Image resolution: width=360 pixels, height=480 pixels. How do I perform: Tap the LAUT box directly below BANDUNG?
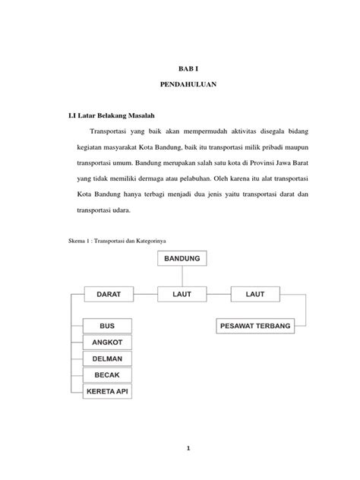click(182, 292)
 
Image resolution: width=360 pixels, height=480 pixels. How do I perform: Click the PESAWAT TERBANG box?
click(255, 327)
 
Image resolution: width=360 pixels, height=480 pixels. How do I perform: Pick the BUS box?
click(107, 326)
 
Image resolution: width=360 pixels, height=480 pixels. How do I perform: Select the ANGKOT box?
click(107, 343)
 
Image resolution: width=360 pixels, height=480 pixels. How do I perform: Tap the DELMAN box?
click(107, 358)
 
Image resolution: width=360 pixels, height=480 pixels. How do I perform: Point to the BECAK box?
click(107, 374)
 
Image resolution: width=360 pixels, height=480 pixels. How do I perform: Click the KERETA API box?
click(107, 390)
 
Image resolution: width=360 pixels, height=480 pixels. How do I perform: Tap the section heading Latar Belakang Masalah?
click(118, 116)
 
